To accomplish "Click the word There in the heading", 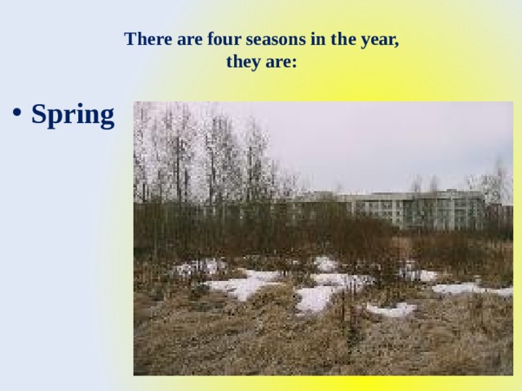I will [144, 39].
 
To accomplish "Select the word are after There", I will [180, 39].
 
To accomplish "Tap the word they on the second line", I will [241, 62].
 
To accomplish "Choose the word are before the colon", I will [276, 62].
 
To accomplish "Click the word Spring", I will [73, 116].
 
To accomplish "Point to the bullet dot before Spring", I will [18, 116].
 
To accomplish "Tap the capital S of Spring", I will [38, 115].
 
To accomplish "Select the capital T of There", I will [130, 39].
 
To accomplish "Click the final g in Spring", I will [107, 119].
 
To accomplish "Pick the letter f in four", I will [199, 39].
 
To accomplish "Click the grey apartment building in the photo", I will [408, 210].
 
